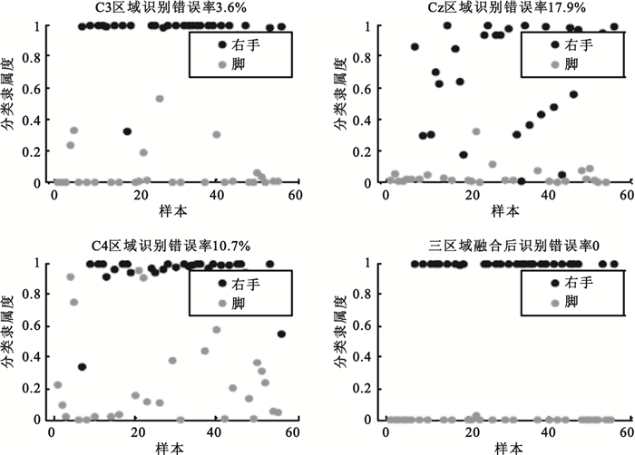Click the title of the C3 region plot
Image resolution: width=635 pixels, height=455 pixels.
point(171,8)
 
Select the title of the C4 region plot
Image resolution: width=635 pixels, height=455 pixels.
point(171,246)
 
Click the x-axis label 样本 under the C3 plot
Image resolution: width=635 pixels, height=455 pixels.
point(171,210)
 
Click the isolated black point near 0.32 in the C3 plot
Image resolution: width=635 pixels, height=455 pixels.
point(127,131)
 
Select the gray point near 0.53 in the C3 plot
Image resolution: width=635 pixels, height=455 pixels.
point(160,99)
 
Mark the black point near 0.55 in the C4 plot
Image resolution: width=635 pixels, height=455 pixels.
point(281,334)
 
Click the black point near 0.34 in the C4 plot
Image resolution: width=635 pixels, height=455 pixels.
point(82,367)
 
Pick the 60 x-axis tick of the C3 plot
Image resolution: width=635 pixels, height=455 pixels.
point(296,195)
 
